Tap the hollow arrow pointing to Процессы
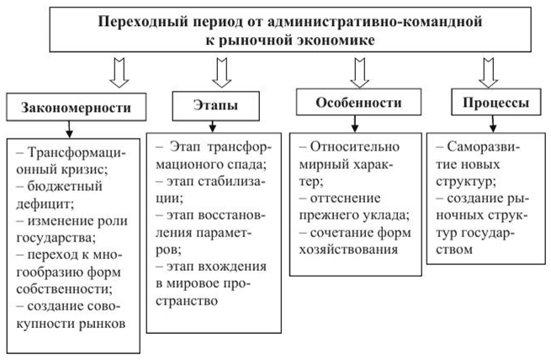coord(487,71)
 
